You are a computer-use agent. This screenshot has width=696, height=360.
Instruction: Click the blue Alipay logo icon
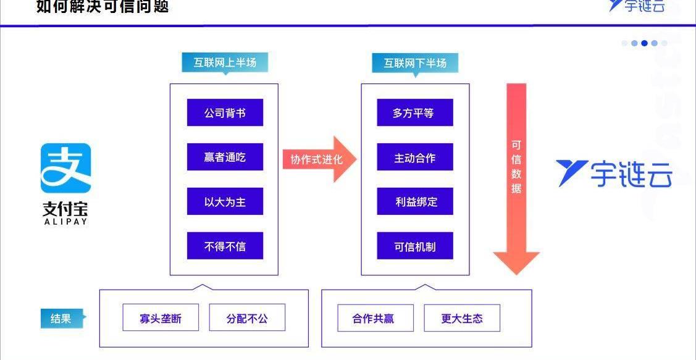pos(65,168)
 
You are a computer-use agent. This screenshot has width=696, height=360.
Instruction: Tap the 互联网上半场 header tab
pos(225,63)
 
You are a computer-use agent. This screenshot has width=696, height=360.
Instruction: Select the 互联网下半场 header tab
pos(415,63)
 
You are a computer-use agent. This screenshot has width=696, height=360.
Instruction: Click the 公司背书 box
pos(225,113)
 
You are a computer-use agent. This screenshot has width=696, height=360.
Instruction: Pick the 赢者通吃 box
pos(225,157)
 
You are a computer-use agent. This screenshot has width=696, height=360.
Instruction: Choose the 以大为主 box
pos(225,202)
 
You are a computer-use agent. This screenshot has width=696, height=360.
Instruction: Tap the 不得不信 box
pos(225,246)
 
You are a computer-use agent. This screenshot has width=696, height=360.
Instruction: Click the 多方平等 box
pos(415,113)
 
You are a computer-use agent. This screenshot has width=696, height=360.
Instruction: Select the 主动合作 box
pos(415,157)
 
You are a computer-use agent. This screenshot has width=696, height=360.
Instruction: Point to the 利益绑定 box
pos(415,202)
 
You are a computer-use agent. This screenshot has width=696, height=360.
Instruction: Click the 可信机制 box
pos(415,246)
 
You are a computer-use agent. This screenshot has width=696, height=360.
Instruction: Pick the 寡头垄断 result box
pos(161,319)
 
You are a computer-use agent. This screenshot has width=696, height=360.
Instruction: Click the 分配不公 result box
pos(247,319)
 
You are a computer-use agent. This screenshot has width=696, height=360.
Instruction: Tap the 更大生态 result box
pos(462,319)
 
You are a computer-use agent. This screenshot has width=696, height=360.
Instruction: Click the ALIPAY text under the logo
pos(65,221)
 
